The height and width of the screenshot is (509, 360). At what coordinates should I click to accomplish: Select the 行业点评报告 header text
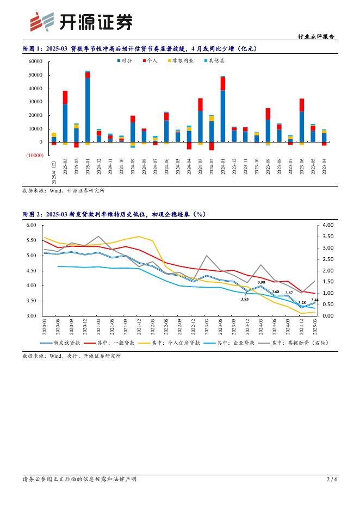pos(316,37)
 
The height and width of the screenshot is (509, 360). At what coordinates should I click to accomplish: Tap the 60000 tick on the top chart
pos(35,61)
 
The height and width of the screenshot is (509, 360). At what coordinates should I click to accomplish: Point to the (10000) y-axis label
pos(34,156)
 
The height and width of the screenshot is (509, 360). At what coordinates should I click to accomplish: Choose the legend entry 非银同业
pos(182,61)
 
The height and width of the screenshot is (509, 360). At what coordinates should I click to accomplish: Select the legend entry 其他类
pos(214,61)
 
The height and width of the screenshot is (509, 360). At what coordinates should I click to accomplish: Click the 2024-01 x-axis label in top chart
pos(223,162)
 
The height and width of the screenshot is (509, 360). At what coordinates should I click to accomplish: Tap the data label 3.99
pos(262,282)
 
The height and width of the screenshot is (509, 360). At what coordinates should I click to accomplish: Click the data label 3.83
pos(245,299)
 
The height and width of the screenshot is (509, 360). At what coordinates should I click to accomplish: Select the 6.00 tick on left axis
pos(32,225)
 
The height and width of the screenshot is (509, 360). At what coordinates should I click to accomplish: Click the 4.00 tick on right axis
pos(328,225)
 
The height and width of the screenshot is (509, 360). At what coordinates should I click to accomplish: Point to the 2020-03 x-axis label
pos(45,327)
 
